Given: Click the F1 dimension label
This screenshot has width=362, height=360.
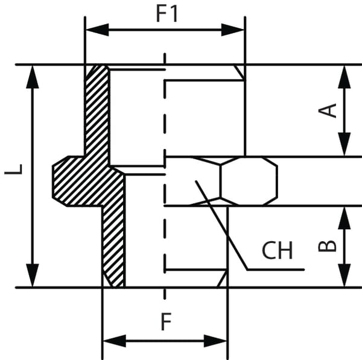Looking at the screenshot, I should [x=167, y=13].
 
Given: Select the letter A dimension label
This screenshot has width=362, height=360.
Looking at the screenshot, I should [x=328, y=110].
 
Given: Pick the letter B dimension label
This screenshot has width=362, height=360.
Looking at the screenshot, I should [x=327, y=246].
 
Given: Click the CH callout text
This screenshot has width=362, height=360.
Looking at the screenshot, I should [x=277, y=250].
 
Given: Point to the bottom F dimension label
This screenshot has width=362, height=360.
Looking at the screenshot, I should [x=165, y=323].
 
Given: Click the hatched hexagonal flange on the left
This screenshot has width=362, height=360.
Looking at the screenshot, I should [x=78, y=181].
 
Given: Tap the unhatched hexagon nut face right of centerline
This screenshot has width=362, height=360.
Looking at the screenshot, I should [x=249, y=181].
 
